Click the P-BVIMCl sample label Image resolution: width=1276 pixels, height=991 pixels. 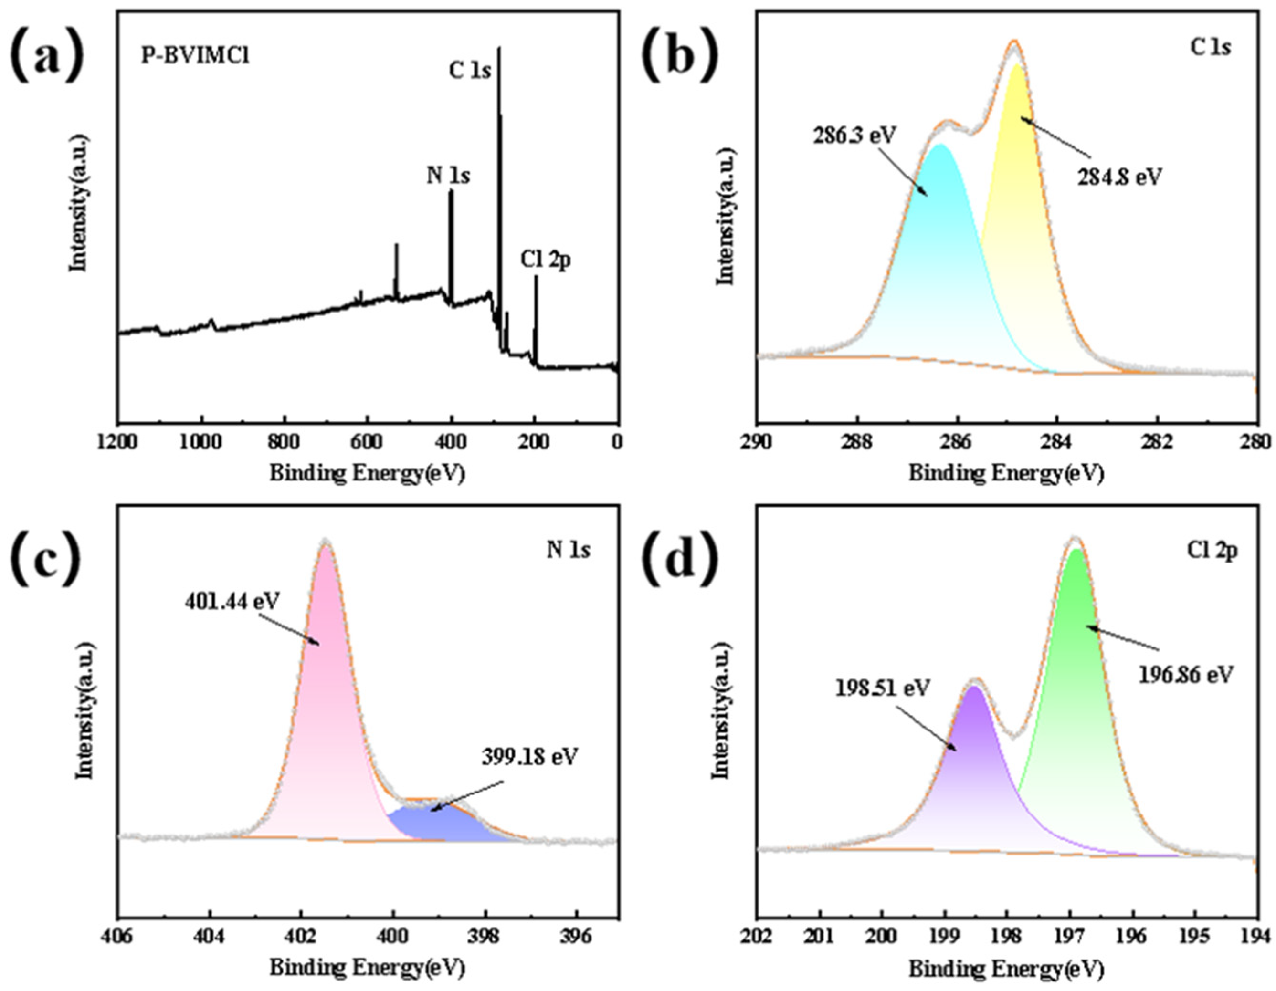coord(195,57)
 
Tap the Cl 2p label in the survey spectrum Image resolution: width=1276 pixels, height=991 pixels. coord(546,260)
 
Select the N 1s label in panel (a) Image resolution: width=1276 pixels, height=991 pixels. coord(448,175)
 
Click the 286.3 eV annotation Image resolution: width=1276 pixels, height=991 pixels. coord(854,136)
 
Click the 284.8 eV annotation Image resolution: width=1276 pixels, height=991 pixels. coord(1119,176)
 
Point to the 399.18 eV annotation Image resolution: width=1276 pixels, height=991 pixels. coord(529,757)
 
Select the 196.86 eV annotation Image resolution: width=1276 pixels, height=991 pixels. coord(1185,675)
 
